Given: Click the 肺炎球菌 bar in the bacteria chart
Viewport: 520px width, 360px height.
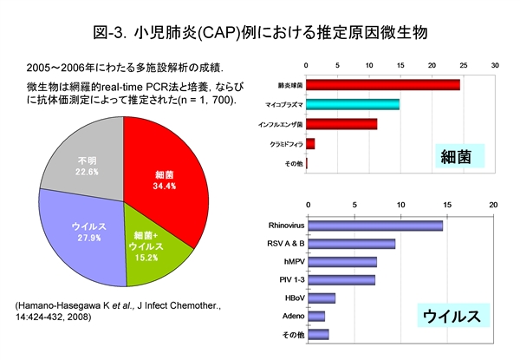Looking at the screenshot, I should pyautogui.click(x=382, y=85).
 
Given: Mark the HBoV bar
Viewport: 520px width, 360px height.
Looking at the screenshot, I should pyautogui.click(x=321, y=298).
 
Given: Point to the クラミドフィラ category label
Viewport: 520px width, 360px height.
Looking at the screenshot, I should pyautogui.click(x=280, y=143).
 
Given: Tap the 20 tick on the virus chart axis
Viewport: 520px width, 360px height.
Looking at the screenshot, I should pyautogui.click(x=494, y=206).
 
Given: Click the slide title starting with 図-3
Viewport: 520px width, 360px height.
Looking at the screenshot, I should pyautogui.click(x=260, y=33).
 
